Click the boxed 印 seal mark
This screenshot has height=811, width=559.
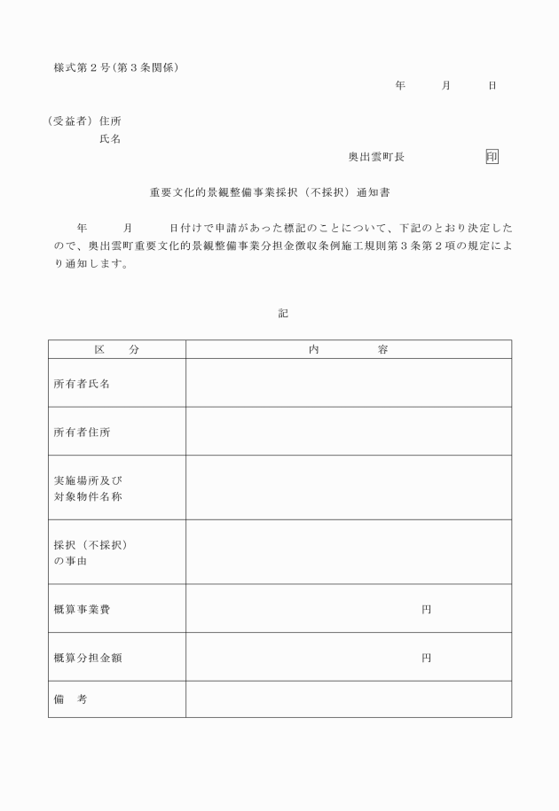click(x=492, y=156)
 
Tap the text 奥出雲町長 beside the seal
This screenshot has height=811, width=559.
click(x=376, y=156)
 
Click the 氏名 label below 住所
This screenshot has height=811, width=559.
click(x=110, y=139)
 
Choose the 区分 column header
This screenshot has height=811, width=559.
click(x=117, y=349)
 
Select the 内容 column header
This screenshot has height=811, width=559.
click(x=348, y=349)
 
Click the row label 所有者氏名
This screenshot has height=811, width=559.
click(x=83, y=384)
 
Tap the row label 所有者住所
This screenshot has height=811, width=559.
click(x=83, y=433)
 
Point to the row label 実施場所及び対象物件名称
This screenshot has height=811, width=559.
click(x=88, y=487)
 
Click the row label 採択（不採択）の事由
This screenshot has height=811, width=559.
click(x=91, y=552)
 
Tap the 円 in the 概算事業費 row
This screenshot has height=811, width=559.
click(x=426, y=610)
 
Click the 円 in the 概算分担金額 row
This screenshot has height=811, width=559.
click(x=426, y=658)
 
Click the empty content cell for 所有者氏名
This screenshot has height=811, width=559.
click(x=348, y=383)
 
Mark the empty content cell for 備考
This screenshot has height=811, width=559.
click(x=348, y=699)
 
